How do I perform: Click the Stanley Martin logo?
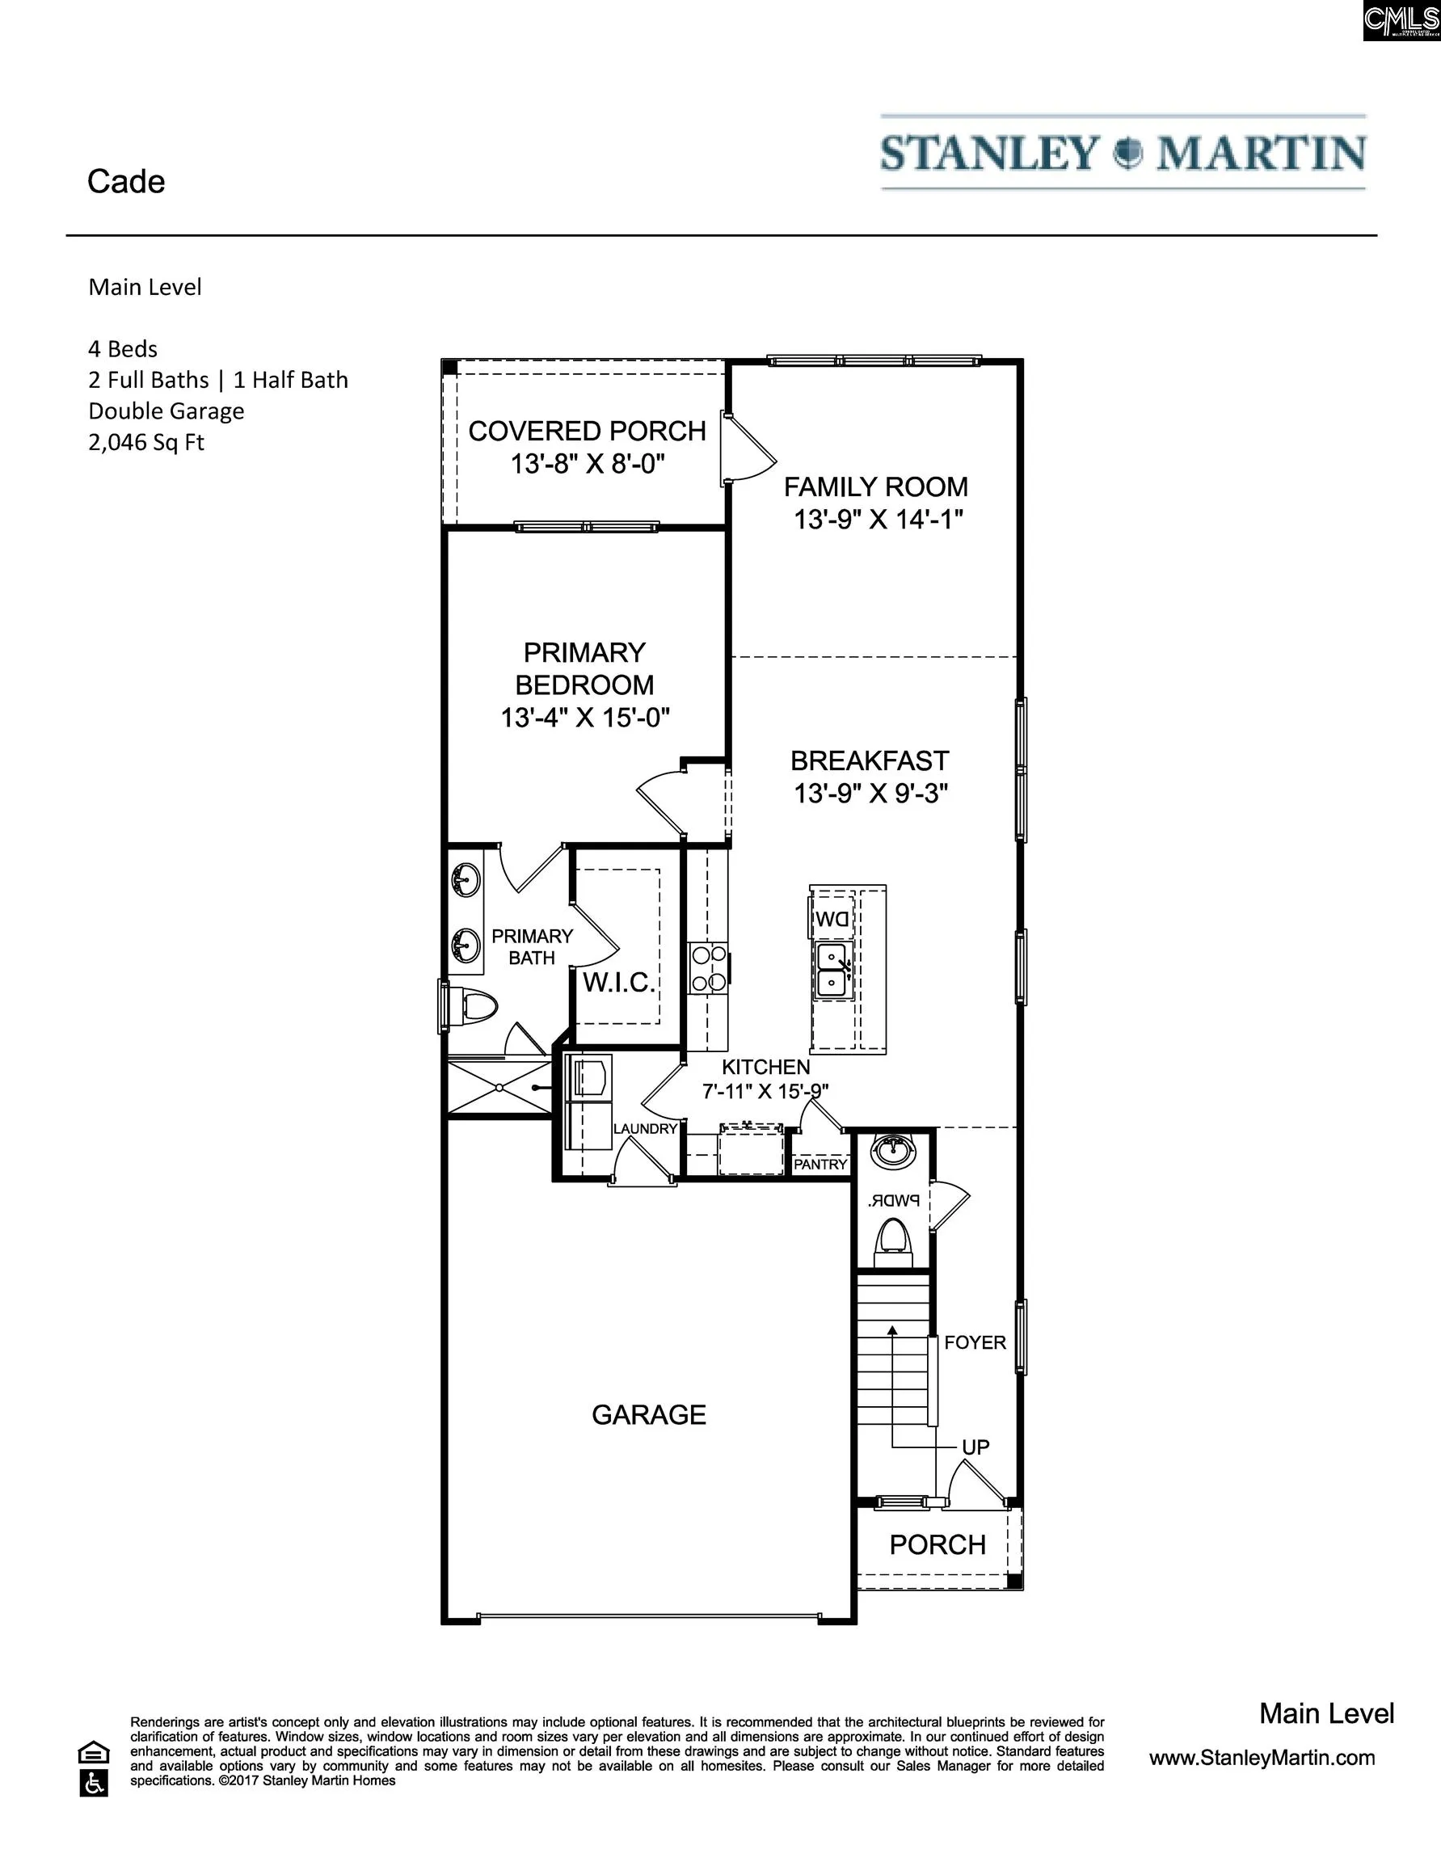click(1123, 153)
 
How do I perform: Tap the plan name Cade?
click(126, 182)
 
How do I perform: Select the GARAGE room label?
click(649, 1414)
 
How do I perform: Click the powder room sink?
click(893, 1151)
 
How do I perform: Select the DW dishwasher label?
click(832, 919)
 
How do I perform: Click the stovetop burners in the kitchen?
click(709, 968)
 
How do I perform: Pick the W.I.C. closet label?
click(619, 983)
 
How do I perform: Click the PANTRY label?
click(820, 1165)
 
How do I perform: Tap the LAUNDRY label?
click(646, 1129)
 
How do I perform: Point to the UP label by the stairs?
click(975, 1447)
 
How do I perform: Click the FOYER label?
click(975, 1343)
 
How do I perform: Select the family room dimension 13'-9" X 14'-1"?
click(879, 519)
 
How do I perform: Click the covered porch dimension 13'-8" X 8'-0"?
click(588, 464)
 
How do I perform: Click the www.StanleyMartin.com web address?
click(1262, 1758)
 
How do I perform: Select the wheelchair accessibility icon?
click(94, 1784)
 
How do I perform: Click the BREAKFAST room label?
click(870, 760)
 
